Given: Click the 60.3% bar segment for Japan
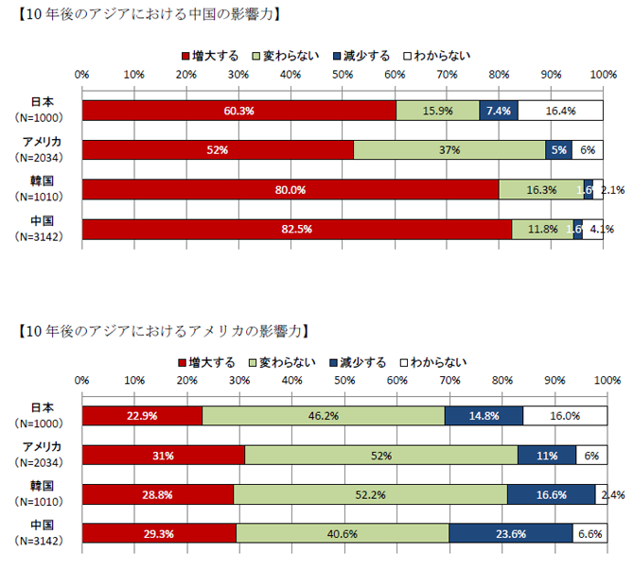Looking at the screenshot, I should pos(238,111).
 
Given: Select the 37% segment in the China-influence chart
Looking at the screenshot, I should pos(449,150).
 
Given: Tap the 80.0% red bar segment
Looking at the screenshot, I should pos(291,190).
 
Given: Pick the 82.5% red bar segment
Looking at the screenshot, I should pos(296,229).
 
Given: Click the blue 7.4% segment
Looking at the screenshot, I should pos(498,111).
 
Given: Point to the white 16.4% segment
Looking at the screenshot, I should pos(560,111).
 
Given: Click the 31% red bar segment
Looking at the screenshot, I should pos(163,456).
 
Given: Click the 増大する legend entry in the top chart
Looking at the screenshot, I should pos(209,56).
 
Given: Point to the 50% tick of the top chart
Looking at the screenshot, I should pos(343,75).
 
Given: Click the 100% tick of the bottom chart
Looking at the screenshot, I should pos(606,380).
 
